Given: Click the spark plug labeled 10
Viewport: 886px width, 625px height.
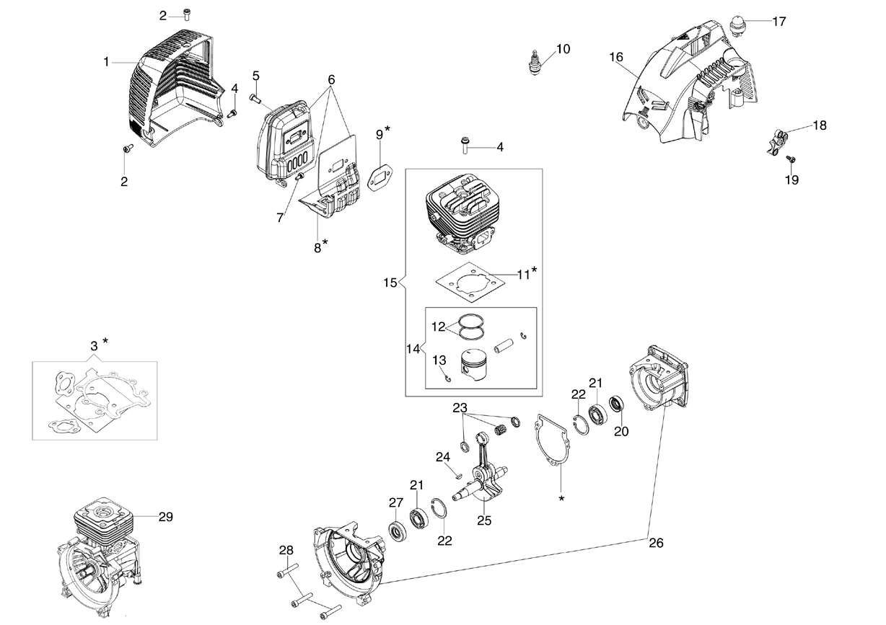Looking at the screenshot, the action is pyautogui.click(x=535, y=63).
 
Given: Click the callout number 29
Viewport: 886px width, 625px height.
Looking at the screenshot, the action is pyautogui.click(x=166, y=517).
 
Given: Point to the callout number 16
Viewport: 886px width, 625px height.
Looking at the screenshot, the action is pyautogui.click(x=616, y=58).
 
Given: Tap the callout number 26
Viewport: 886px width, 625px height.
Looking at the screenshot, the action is pyautogui.click(x=656, y=543).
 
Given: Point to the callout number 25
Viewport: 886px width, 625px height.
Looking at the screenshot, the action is pyautogui.click(x=484, y=520).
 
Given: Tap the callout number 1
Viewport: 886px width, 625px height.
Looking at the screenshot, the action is pyautogui.click(x=106, y=62).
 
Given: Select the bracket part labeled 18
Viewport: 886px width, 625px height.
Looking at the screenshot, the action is pyautogui.click(x=775, y=142).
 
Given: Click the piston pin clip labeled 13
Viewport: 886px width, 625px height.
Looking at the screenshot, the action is pyautogui.click(x=447, y=378).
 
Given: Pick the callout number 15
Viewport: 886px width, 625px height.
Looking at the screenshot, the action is pyautogui.click(x=390, y=283).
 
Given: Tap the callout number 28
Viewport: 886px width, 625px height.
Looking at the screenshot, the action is pyautogui.click(x=286, y=550).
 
